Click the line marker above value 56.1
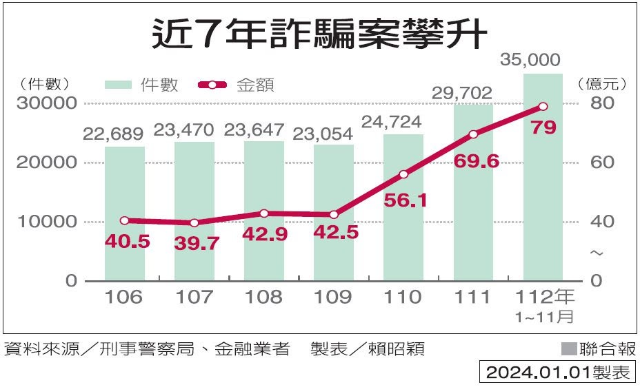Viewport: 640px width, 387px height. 403,174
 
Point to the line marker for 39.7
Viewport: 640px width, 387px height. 194,223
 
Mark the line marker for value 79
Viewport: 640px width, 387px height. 543,107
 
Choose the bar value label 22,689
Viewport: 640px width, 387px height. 113,134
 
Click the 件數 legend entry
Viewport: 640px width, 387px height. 142,85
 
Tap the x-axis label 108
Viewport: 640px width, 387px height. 264,297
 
